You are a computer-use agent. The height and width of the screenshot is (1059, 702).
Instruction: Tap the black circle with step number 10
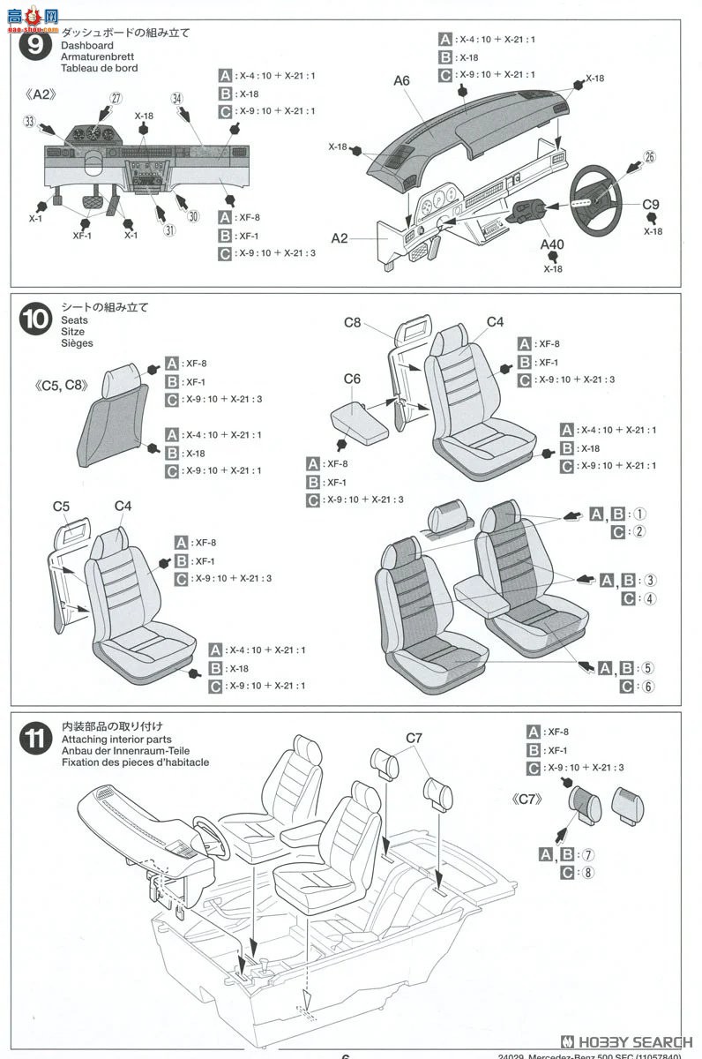pyautogui.click(x=34, y=319)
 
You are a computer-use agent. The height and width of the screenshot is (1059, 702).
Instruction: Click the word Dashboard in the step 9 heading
pyautogui.click(x=86, y=45)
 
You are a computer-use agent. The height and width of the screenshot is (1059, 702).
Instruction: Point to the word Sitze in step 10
pyautogui.click(x=73, y=332)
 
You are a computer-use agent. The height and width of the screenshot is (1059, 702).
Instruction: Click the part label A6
pyautogui.click(x=402, y=80)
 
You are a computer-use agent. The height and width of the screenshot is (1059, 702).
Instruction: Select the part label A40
pyautogui.click(x=552, y=245)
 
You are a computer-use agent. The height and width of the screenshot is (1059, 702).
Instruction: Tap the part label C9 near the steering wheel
pyautogui.click(x=651, y=205)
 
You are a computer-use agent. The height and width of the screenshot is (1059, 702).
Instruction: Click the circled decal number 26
pyautogui.click(x=649, y=158)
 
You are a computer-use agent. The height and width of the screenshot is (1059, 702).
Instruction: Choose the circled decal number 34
pyautogui.click(x=177, y=99)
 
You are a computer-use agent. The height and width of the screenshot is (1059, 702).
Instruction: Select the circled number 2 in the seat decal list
pyautogui.click(x=640, y=531)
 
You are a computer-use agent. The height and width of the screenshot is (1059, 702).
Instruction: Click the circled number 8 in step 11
pyautogui.click(x=589, y=873)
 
